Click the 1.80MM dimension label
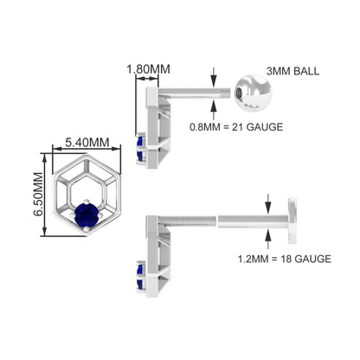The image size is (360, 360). click(148, 69)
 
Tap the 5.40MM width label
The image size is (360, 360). click(87, 143)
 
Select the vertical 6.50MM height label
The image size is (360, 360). click(39, 194)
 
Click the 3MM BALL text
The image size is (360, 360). click(292, 71)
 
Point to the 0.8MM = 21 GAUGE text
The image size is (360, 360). click(236, 127)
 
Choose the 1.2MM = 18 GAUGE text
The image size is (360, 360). click(285, 259)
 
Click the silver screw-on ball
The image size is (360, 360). click(253, 93)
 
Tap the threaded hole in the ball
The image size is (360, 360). click(240, 93)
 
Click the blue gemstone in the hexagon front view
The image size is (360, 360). click(87, 215)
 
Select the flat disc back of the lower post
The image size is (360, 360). click(292, 221)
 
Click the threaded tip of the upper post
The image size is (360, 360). click(226, 93)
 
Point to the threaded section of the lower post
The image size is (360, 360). click(187, 222)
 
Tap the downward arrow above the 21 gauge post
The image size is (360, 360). click(214, 76)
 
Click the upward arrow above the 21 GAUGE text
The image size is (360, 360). click(214, 110)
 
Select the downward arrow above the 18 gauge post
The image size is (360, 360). click(268, 203)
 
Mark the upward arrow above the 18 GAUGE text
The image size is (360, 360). click(268, 239)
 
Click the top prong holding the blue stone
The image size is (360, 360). click(87, 202)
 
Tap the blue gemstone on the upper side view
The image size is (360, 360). click(140, 149)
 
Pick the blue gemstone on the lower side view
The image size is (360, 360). click(140, 276)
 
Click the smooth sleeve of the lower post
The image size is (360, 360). click(253, 221)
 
